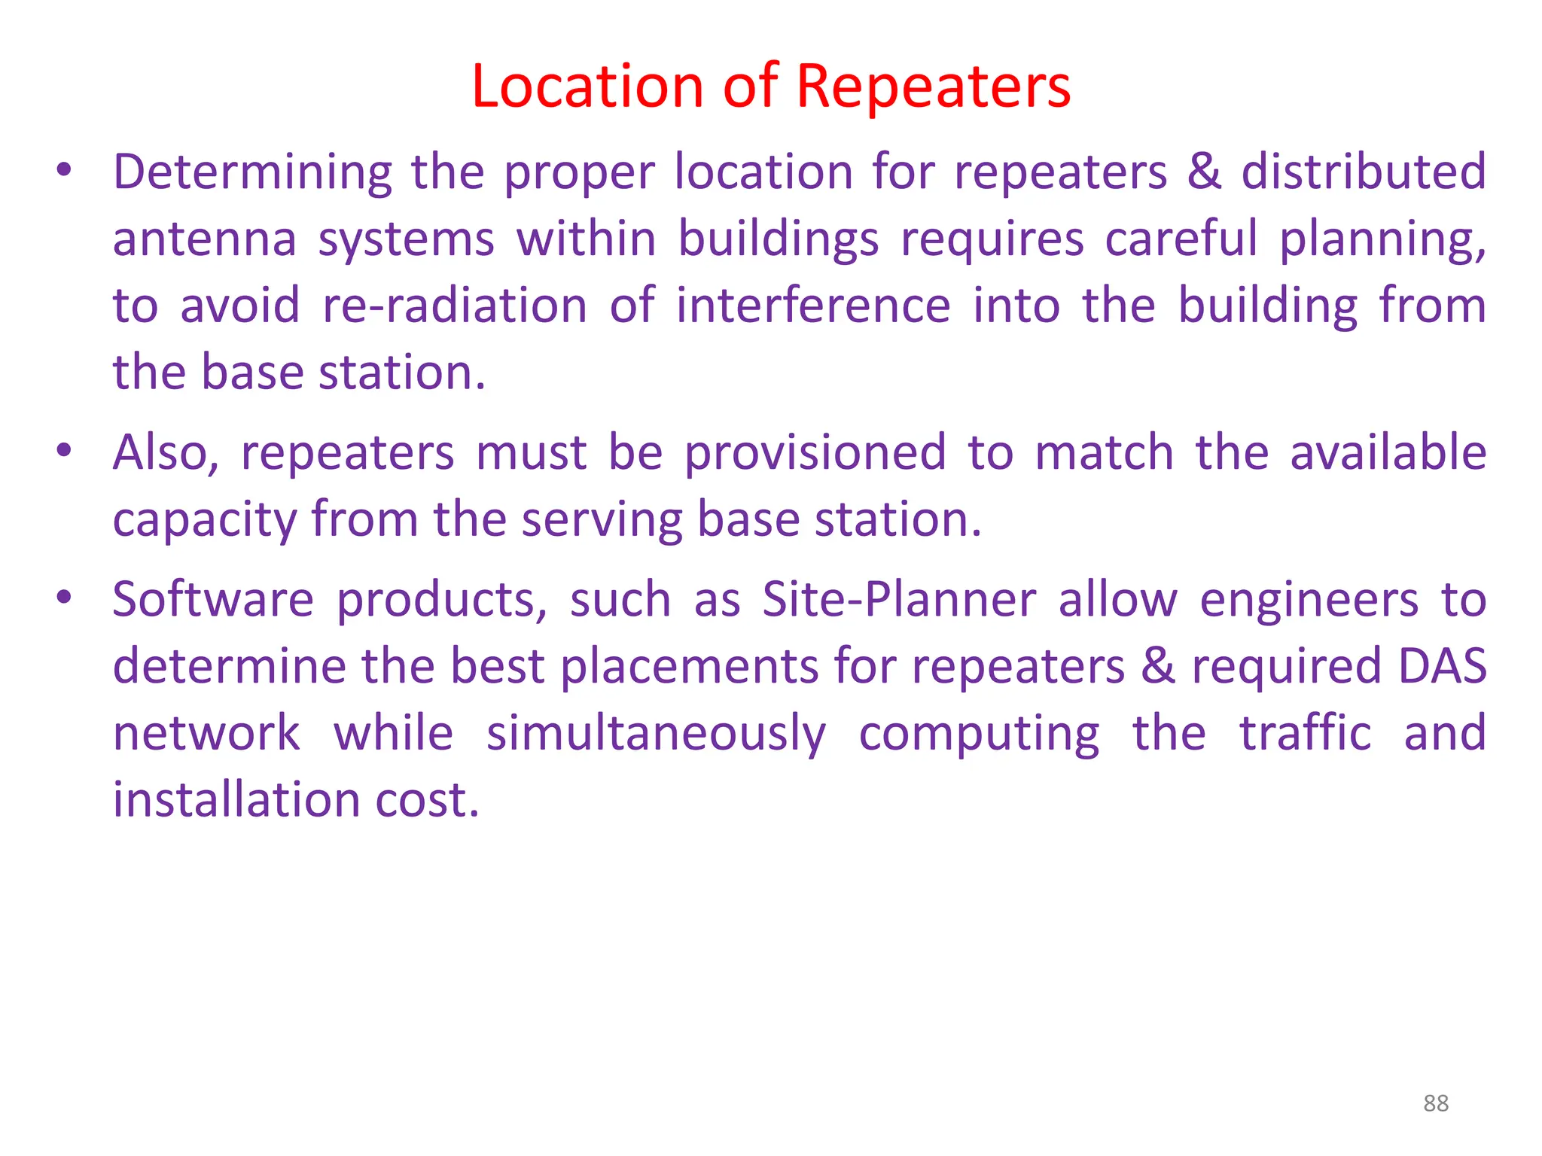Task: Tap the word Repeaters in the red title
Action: pyautogui.click(x=933, y=87)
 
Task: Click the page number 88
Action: pyautogui.click(x=1436, y=1103)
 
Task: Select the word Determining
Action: pyautogui.click(x=252, y=172)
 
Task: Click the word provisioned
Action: pyautogui.click(x=815, y=455)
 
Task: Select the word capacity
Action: pyautogui.click(x=204, y=521)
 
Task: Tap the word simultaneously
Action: pyautogui.click(x=656, y=735)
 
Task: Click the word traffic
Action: pyautogui.click(x=1306, y=733)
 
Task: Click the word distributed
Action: pyautogui.click(x=1364, y=172)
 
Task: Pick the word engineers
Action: pyautogui.click(x=1309, y=601)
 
